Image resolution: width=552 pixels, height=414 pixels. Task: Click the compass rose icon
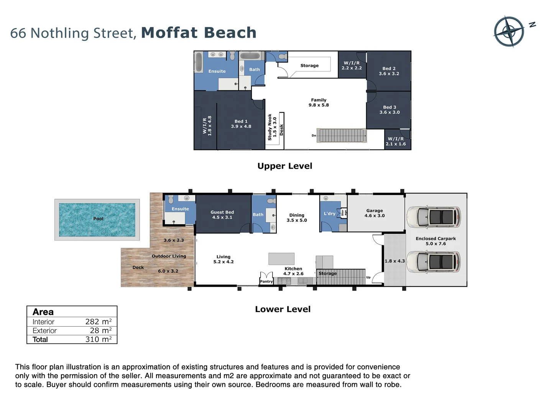click(509, 31)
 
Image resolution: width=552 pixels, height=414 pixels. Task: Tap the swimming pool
click(97, 220)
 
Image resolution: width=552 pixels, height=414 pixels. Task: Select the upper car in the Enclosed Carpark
click(434, 217)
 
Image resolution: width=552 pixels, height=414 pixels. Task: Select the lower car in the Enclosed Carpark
click(434, 262)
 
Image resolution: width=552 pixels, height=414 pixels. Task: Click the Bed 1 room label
click(241, 124)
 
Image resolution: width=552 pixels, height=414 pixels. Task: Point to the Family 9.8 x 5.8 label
click(319, 102)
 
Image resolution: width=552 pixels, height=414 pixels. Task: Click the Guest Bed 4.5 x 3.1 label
click(222, 215)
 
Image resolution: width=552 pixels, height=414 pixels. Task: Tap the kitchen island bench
click(281, 259)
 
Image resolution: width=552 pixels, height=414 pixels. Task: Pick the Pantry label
click(266, 281)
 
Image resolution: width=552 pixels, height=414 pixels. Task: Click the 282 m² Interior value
click(98, 322)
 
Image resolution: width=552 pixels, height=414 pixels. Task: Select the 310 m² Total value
click(98, 339)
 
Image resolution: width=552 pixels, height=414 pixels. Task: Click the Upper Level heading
click(285, 166)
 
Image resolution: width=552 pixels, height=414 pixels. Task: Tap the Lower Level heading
click(283, 309)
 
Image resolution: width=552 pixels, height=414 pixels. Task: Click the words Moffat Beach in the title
click(199, 33)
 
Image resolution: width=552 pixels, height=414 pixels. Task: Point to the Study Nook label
click(272, 127)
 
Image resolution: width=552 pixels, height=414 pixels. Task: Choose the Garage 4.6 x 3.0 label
click(375, 213)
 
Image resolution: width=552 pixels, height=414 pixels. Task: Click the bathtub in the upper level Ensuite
click(199, 62)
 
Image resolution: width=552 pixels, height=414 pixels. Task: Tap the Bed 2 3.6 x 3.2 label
click(389, 71)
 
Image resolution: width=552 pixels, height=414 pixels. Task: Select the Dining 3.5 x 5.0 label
click(297, 218)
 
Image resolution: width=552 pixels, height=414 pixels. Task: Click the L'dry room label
click(330, 214)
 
